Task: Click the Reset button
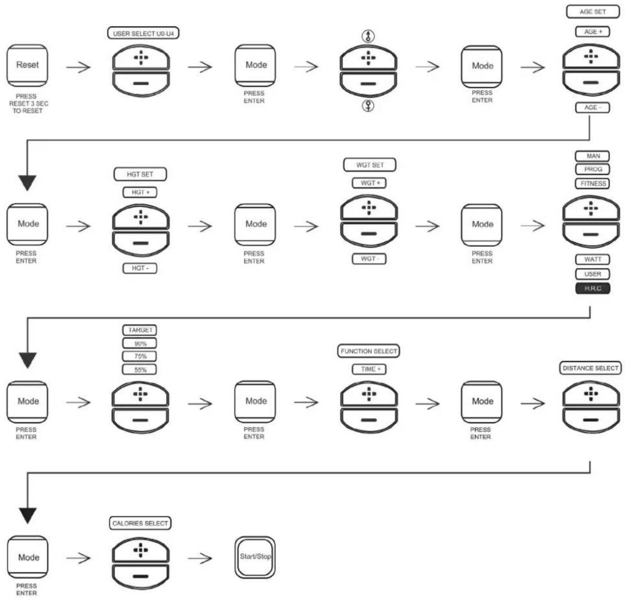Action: coord(27,65)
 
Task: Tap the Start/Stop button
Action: coord(255,557)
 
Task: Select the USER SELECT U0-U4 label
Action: coord(143,33)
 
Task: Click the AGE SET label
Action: coord(592,12)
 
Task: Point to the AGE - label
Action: coord(592,107)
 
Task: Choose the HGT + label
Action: coord(140,192)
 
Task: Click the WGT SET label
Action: coord(370,165)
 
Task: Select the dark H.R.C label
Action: coord(592,288)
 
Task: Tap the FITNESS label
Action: coord(592,184)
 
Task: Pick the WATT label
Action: coord(592,259)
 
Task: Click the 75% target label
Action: coord(140,356)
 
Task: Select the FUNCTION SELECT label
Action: coord(369,351)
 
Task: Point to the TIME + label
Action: coord(369,369)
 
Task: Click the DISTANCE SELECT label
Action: coord(590,368)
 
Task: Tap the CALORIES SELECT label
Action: coord(140,523)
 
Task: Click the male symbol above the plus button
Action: coord(368,36)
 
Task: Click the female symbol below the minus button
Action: coord(368,106)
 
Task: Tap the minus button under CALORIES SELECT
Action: coord(141,576)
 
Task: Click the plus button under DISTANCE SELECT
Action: coord(591,394)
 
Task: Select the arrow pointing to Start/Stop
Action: coord(200,558)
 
